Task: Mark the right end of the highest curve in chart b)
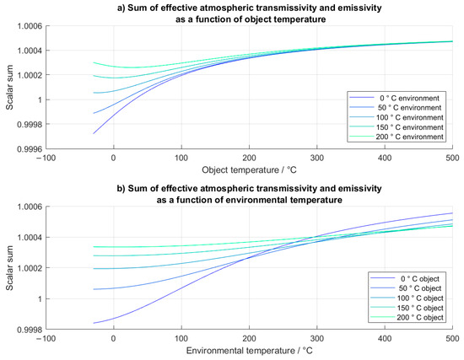(x=453, y=213)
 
